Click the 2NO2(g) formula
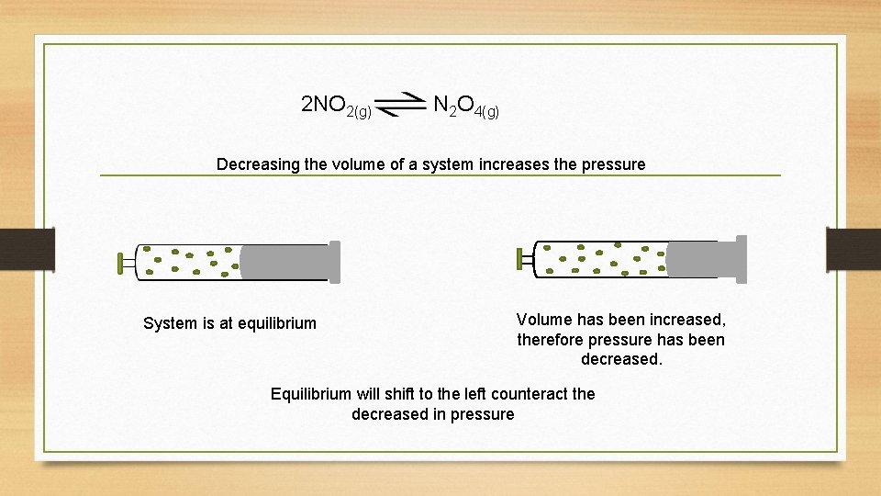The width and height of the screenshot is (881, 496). click(336, 106)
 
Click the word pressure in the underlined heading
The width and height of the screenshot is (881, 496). click(612, 165)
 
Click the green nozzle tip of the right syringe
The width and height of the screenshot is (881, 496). click(519, 259)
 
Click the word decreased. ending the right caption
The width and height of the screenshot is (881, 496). click(621, 359)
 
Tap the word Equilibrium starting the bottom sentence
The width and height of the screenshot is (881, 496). click(310, 394)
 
